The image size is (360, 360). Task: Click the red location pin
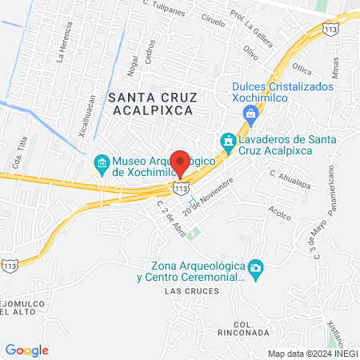point(181,163)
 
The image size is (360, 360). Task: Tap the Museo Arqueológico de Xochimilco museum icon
point(102,166)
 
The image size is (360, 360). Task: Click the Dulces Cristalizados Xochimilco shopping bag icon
point(252,113)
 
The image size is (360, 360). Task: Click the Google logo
point(27,350)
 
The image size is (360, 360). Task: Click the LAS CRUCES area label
point(178,292)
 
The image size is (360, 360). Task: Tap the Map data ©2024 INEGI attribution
point(312,353)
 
